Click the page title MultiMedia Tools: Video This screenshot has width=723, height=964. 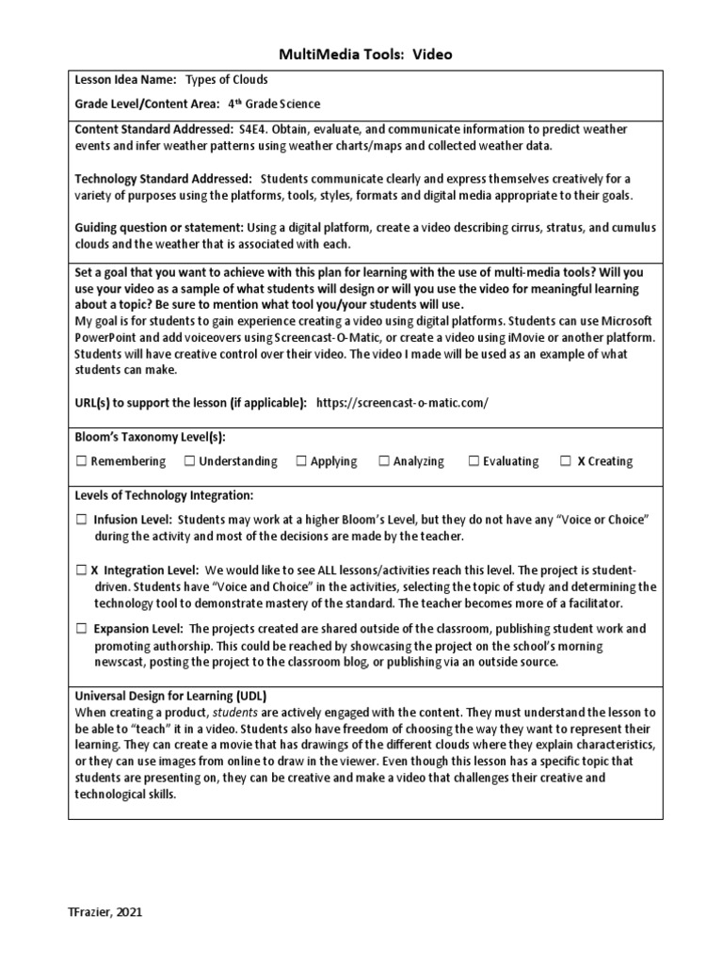[361, 55]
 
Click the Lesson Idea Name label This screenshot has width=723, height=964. [125, 81]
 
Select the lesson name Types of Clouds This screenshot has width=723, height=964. [227, 81]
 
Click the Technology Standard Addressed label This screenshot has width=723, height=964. [163, 178]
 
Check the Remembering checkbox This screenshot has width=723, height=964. [81, 461]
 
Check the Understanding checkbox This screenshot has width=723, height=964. [189, 461]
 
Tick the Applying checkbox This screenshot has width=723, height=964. [301, 461]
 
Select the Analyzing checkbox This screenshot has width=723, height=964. [384, 461]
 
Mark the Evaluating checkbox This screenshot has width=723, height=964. [474, 461]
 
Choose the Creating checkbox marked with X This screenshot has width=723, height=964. [565, 461]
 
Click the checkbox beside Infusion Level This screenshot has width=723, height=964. [81, 520]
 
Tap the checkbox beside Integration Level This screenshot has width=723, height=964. [81, 570]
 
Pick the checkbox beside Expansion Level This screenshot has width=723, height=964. [81, 628]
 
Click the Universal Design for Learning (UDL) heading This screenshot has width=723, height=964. [170, 696]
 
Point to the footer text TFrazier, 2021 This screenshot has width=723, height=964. [105, 912]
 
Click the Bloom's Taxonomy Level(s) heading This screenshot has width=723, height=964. [150, 437]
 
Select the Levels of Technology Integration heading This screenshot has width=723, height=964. [164, 495]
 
